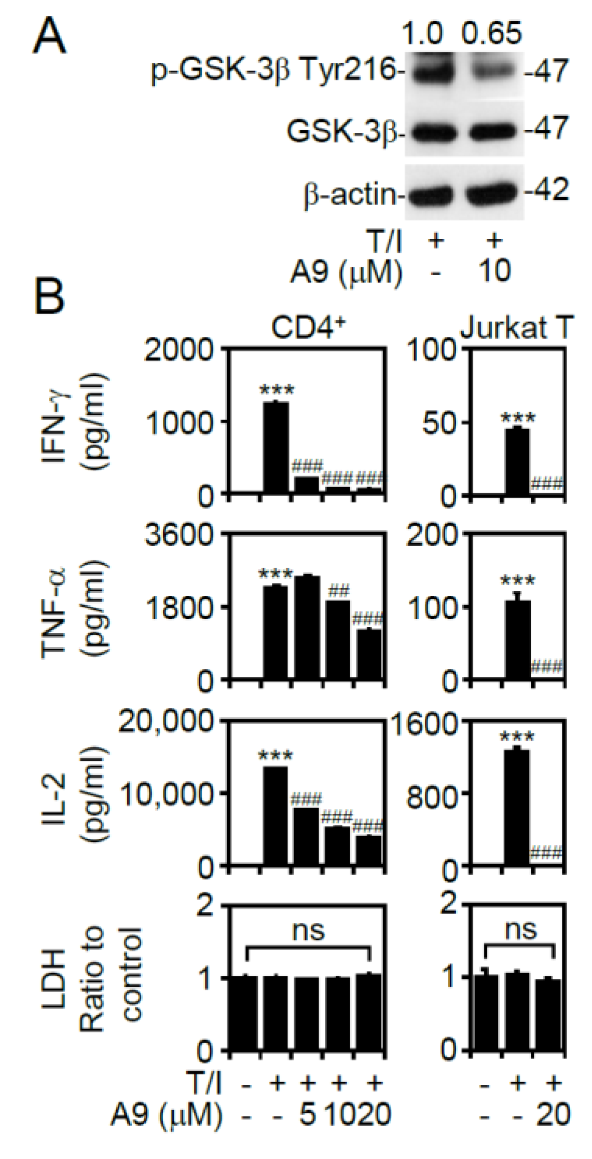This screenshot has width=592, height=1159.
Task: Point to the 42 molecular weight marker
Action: [548, 190]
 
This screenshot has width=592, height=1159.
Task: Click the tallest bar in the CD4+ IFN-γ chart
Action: [276, 447]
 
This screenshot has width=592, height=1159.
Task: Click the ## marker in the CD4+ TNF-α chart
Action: [339, 591]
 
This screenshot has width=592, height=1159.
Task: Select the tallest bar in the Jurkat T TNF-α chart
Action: [518, 639]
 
